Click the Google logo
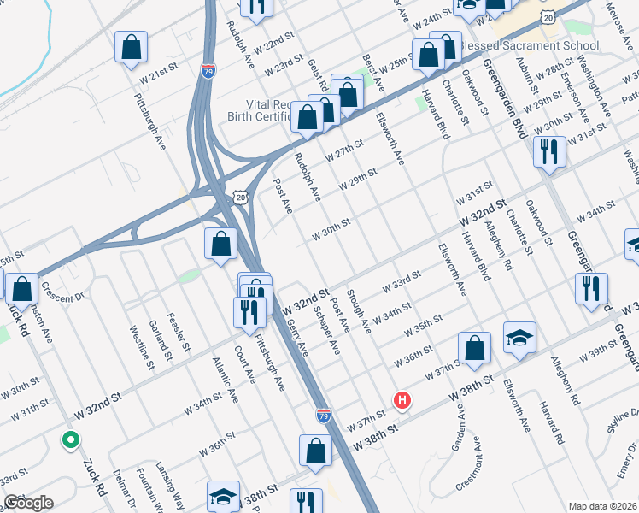pyautogui.click(x=28, y=503)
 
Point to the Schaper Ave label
pyautogui.click(x=327, y=331)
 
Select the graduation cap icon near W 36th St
pyautogui.click(x=519, y=338)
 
